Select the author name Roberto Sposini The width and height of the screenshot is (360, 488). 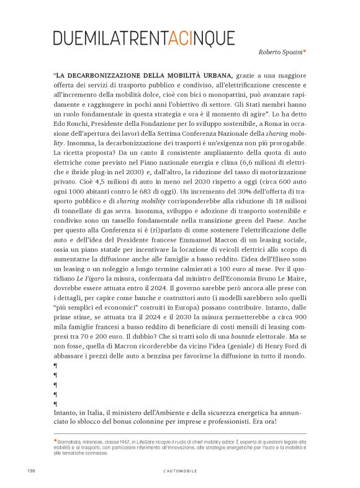click(x=280, y=53)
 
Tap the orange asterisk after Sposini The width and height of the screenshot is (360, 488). click(x=305, y=53)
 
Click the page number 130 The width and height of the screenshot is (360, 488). click(x=30, y=471)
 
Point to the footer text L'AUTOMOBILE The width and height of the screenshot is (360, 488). click(x=179, y=471)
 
